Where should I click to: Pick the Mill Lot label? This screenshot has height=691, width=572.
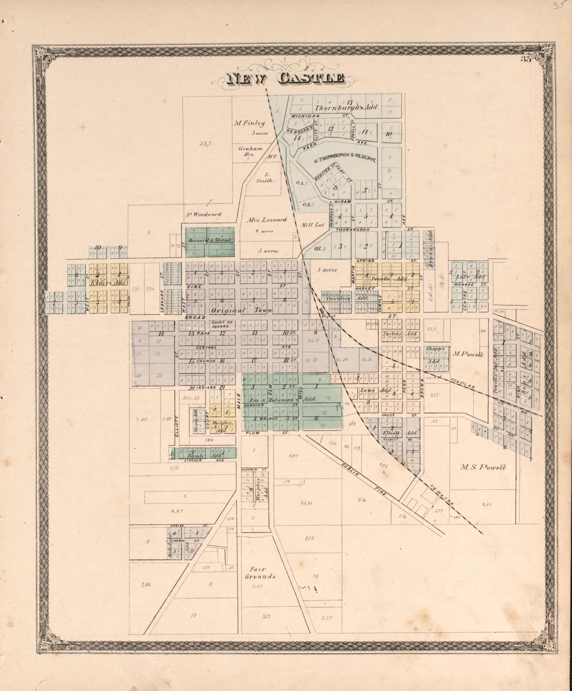pos(313,225)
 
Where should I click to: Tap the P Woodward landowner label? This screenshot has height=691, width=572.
pos(203,215)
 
